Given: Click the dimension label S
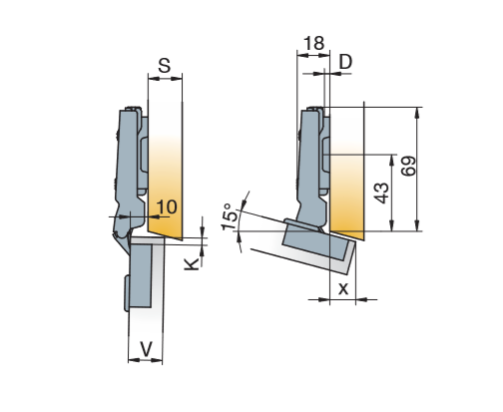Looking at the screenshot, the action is point(165,66).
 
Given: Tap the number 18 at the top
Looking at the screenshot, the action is point(313,43).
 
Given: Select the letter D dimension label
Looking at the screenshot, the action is point(345,62).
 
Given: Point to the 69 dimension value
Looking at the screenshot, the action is point(408,166).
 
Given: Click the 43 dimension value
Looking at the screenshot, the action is point(381,193).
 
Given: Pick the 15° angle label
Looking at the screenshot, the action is point(231,216).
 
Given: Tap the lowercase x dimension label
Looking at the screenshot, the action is point(343,289).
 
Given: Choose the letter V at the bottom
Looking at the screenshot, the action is point(146,349).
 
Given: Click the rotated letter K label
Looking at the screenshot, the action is point(192,264).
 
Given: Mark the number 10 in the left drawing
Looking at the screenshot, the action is point(167,207).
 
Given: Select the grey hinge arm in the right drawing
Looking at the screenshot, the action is point(312,167).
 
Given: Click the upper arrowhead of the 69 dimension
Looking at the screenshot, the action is point(417,112).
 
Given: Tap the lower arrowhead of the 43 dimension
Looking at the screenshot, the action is point(392,225).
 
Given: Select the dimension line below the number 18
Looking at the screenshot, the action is point(313,56).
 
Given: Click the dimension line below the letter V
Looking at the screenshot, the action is point(146,360).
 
